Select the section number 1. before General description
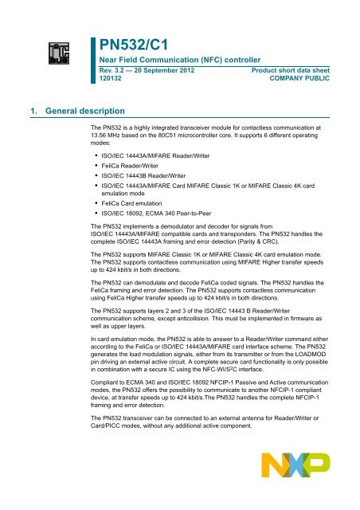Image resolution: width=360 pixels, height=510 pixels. click(10, 104)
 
